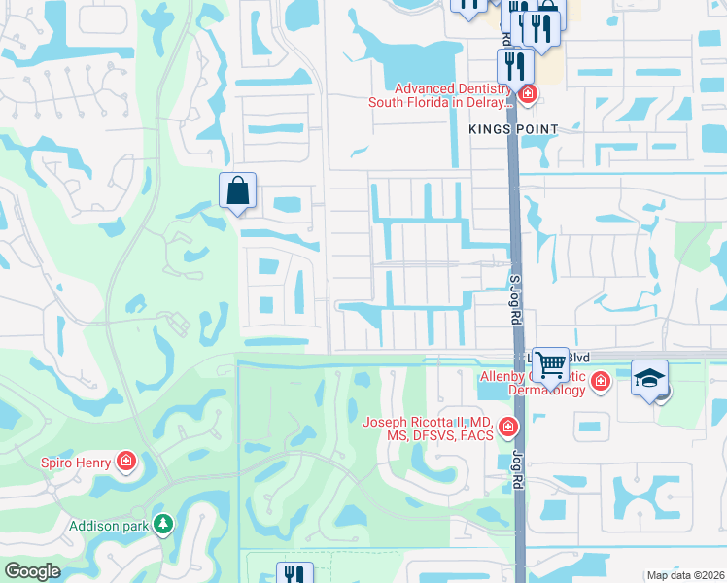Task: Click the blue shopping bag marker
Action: [x=238, y=191]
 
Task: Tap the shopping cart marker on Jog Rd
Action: [x=550, y=364]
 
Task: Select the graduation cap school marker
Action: [x=649, y=378]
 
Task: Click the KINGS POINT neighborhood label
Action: [x=513, y=129]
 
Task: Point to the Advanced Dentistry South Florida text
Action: [x=439, y=95]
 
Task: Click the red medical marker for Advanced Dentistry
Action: [x=528, y=94]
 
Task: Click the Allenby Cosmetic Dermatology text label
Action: [x=533, y=383]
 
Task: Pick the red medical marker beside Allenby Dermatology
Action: [x=600, y=380]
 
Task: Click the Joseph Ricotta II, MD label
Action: [x=427, y=429]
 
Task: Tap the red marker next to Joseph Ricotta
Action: [x=507, y=427]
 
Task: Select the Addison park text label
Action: [x=108, y=527]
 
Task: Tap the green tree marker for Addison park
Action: [x=163, y=525]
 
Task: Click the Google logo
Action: [x=32, y=571]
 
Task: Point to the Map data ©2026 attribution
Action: [x=684, y=575]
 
